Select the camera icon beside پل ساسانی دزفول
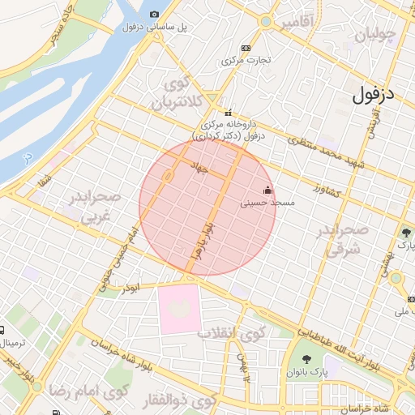point(155,15)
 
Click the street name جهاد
point(199,168)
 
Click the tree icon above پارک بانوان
point(306,359)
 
